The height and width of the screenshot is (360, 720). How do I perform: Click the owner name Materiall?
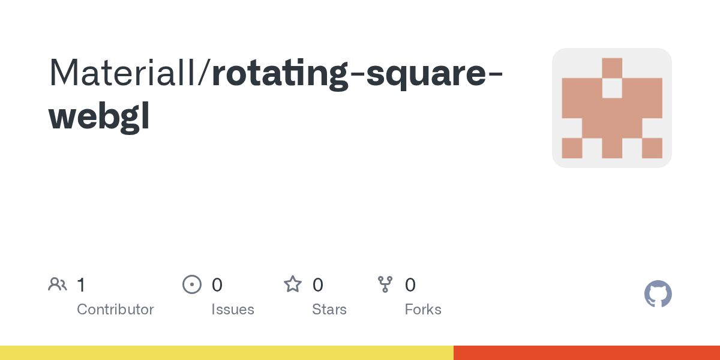pyautogui.click(x=126, y=73)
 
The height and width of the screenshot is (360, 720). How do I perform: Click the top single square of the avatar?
pyautogui.click(x=612, y=68)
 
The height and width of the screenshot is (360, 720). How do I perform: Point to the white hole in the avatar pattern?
pyautogui.click(x=612, y=88)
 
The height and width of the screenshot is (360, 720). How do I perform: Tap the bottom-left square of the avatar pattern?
pyautogui.click(x=572, y=148)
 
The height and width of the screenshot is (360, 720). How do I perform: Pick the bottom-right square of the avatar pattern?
pyautogui.click(x=652, y=148)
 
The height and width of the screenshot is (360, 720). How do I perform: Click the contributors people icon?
pyautogui.click(x=58, y=284)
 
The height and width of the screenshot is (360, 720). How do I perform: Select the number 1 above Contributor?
pyautogui.click(x=81, y=284)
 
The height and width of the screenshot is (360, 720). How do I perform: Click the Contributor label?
pyautogui.click(x=115, y=310)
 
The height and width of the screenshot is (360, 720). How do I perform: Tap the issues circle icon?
pyautogui.click(x=191, y=284)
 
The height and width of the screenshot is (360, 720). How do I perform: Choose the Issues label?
pyautogui.click(x=233, y=310)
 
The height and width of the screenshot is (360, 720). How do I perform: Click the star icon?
pyautogui.click(x=293, y=284)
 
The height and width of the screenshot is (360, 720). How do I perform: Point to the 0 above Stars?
pyautogui.click(x=318, y=284)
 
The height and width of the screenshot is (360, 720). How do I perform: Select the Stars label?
pyautogui.click(x=329, y=310)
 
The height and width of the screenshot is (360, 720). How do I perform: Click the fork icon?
pyautogui.click(x=385, y=284)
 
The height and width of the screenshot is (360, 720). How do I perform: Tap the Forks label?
pyautogui.click(x=423, y=310)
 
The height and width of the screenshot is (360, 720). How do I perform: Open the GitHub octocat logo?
pyautogui.click(x=658, y=294)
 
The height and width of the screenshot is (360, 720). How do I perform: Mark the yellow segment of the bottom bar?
pyautogui.click(x=227, y=353)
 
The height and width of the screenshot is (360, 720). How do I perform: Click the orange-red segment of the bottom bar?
pyautogui.click(x=587, y=353)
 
